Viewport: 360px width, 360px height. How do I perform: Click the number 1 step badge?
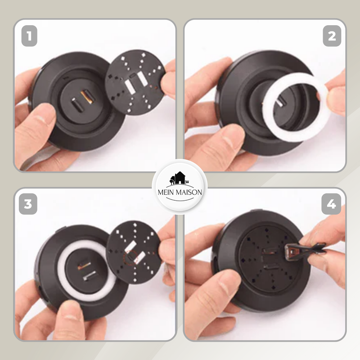pos(29,36)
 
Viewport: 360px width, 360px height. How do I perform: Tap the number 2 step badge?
pos(332,36)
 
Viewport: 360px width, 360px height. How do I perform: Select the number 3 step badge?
pos(28,204)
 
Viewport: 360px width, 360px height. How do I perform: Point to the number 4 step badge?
pos(331,204)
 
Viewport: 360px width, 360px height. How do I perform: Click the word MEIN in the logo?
pos(166,192)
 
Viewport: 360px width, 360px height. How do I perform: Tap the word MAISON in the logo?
pos(189,192)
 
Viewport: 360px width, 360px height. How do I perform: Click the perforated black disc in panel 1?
pos(135,82)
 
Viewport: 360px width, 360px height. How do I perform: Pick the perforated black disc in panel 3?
pos(134,252)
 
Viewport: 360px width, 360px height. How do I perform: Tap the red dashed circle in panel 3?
pos(130,257)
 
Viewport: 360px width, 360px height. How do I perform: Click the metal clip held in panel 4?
pos(306,251)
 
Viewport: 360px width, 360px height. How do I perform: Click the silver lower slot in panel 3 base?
pos(90,275)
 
